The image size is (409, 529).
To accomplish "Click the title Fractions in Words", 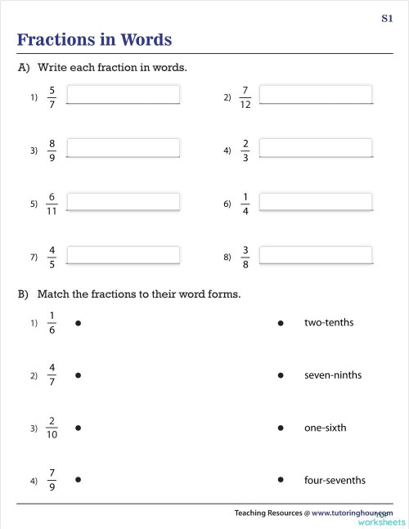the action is (x=94, y=40).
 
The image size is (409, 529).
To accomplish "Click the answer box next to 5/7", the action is (x=123, y=96).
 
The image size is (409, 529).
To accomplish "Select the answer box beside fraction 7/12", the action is (x=316, y=96).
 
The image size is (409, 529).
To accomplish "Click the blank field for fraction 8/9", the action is (x=123, y=149).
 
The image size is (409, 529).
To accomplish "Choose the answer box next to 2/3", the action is (x=316, y=149).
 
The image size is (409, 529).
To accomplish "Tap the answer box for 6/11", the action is (x=123, y=202).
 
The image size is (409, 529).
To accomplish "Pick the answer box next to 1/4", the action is (x=316, y=202).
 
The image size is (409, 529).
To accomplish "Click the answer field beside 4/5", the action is (x=123, y=255).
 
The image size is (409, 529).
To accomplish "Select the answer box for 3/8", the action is (x=316, y=255).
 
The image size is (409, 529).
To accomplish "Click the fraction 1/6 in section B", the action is (x=52, y=323).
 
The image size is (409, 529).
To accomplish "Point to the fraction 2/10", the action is (x=52, y=428).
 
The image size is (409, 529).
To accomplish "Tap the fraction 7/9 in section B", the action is (x=52, y=481).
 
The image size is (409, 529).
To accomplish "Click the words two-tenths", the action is (x=329, y=323).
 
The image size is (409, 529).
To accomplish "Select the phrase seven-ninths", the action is (x=332, y=375).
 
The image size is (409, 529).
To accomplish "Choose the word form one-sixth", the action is (x=325, y=428).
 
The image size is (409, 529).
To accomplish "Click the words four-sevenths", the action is (x=335, y=481).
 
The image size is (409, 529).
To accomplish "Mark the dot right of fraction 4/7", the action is (x=77, y=376).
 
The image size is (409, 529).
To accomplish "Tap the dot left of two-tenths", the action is (x=281, y=324).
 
